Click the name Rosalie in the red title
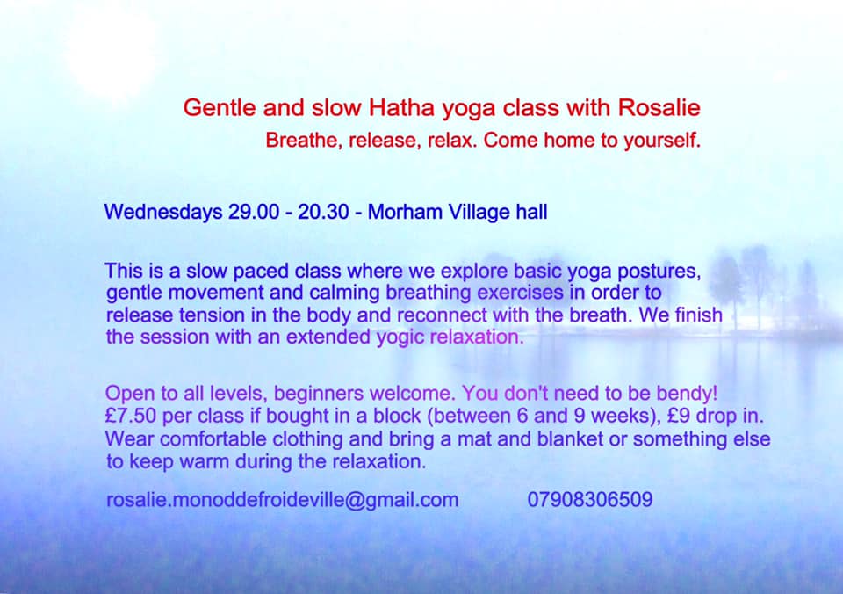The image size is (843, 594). [659, 107]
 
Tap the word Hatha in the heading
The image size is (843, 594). [401, 107]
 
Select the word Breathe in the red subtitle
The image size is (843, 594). [304, 140]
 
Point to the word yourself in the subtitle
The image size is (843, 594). [662, 141]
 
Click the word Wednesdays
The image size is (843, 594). [163, 212]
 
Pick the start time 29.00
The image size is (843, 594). [254, 212]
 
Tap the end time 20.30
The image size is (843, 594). [324, 212]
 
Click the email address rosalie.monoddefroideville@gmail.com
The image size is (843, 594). [282, 500]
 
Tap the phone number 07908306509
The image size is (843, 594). [590, 500]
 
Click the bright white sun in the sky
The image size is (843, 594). [112, 51]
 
